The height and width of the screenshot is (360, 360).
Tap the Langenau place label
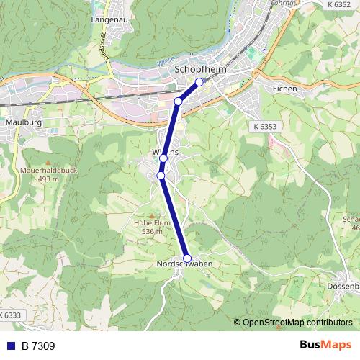(109, 19)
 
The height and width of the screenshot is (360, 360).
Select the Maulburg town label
(23, 123)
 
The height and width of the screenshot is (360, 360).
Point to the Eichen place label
(284, 88)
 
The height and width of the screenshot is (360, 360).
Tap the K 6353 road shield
(265, 126)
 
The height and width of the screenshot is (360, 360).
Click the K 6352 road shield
(338, 4)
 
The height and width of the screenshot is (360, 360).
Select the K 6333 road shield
(10, 315)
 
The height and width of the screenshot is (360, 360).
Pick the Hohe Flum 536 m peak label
(152, 228)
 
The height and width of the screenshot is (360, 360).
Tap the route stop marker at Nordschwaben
(187, 258)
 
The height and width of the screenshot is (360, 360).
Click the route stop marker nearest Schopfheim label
(199, 81)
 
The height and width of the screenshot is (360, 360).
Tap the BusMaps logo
(325, 346)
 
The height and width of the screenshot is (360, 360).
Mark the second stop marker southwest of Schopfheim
(178, 101)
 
